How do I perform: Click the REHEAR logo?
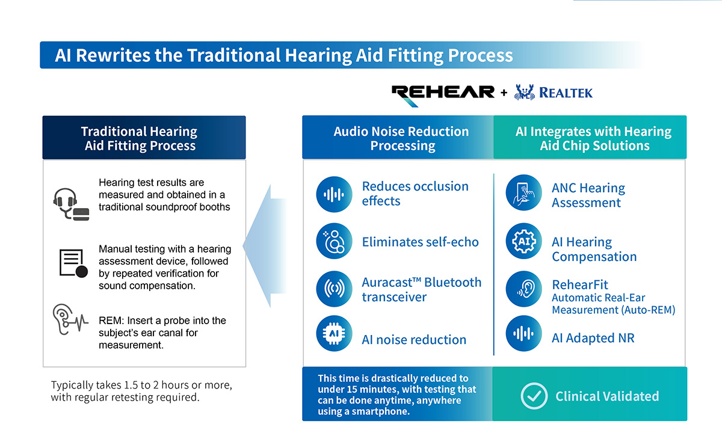click(x=443, y=93)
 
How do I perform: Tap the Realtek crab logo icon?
click(x=525, y=93)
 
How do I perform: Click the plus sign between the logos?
click(x=504, y=93)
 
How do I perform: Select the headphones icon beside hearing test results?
click(x=70, y=203)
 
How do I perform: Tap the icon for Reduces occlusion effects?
click(x=334, y=194)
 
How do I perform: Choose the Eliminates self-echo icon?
click(x=334, y=242)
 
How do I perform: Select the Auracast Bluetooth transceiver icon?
click(x=334, y=289)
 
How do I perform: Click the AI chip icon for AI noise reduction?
click(x=334, y=333)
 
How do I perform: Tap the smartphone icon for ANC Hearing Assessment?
click(x=523, y=194)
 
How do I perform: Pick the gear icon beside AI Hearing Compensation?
click(x=523, y=242)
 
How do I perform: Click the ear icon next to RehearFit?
click(x=523, y=289)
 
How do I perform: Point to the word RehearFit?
click(x=580, y=284)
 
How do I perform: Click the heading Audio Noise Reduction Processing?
click(x=401, y=138)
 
